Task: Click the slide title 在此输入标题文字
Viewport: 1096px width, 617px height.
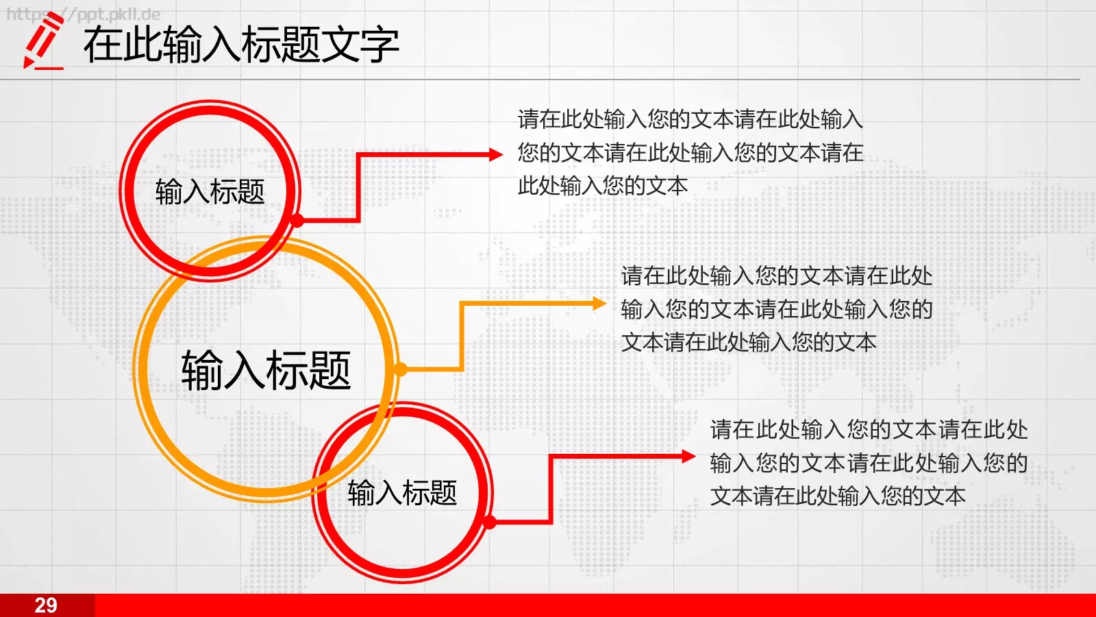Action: pos(241,45)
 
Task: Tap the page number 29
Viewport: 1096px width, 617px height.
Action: pos(46,605)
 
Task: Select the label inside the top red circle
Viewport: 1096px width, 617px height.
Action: pos(210,192)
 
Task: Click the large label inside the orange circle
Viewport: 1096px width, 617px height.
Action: pos(266,371)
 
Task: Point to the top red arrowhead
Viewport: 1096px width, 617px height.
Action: pos(497,155)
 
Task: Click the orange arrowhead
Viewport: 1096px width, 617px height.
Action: pos(599,303)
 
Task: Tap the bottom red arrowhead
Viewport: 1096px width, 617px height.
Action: pos(688,457)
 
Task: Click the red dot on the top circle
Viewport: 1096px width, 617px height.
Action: pos(297,220)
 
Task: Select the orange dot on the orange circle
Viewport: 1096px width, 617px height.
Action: pos(401,370)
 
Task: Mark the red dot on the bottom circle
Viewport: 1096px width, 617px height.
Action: pos(489,523)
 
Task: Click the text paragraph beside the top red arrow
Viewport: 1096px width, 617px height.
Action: pos(690,152)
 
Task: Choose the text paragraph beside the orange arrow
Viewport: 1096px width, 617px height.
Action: pos(777,309)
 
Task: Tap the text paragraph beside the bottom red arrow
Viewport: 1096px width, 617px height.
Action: pos(869,463)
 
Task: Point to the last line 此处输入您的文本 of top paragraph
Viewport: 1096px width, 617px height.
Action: pos(603,186)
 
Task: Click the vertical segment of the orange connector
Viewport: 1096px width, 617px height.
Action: pos(462,336)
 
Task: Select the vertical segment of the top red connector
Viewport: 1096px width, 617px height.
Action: pos(358,187)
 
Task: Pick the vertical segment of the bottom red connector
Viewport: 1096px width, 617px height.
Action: pos(551,489)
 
